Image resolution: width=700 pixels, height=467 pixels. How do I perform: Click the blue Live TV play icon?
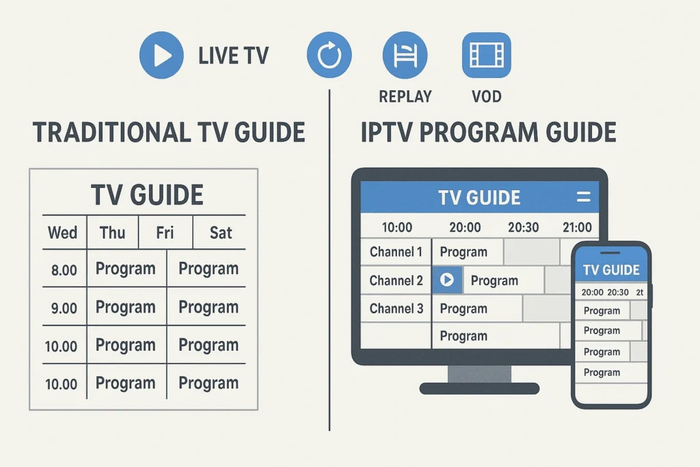161,55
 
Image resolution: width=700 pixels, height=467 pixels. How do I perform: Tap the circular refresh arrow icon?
329,55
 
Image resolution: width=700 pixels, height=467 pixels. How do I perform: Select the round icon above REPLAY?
405,55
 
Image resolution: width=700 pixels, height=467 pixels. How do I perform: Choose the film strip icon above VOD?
486,55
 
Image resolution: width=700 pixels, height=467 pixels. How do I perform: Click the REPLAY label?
405,96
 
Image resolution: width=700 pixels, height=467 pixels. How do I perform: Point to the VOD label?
486,96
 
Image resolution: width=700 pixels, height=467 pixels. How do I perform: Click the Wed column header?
62,232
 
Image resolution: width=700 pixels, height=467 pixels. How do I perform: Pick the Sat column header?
221,232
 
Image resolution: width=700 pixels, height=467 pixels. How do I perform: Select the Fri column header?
165,232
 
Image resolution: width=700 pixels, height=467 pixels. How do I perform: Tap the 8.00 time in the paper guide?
64,270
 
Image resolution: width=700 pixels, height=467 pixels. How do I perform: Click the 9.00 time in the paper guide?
64,308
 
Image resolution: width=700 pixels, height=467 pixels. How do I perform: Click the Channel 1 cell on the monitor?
396,252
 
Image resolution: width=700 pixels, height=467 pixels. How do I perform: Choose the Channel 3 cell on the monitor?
396,308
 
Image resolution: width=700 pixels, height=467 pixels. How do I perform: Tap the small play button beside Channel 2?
447,280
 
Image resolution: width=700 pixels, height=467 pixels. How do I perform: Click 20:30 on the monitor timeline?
523,227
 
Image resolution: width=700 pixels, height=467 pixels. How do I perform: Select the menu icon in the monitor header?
583,198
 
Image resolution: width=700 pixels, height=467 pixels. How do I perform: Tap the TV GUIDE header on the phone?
611,270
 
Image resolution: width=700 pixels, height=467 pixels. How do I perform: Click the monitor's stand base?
479,388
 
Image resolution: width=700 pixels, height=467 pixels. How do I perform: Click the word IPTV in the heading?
387,132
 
